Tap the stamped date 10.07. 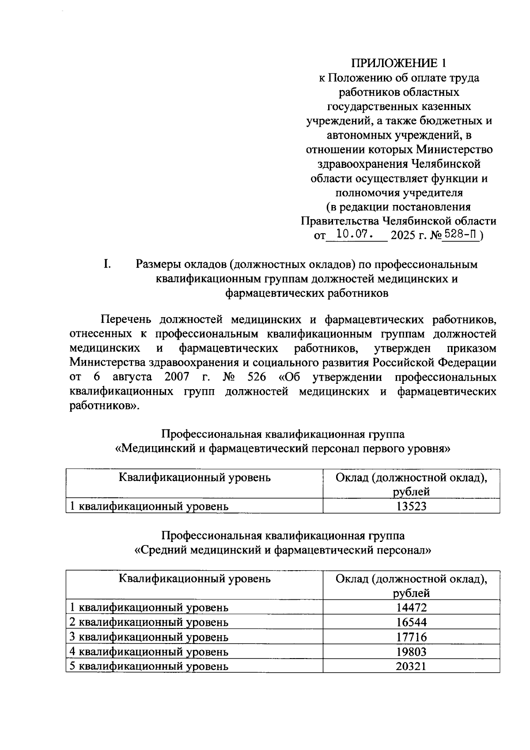[355, 234]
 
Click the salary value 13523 [411, 506]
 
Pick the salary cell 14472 [411, 607]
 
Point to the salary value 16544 [411, 622]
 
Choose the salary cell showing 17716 [411, 637]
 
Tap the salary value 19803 [411, 652]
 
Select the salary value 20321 [411, 667]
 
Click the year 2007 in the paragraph [177, 378]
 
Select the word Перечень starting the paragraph [126, 320]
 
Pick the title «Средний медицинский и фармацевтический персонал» [283, 551]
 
